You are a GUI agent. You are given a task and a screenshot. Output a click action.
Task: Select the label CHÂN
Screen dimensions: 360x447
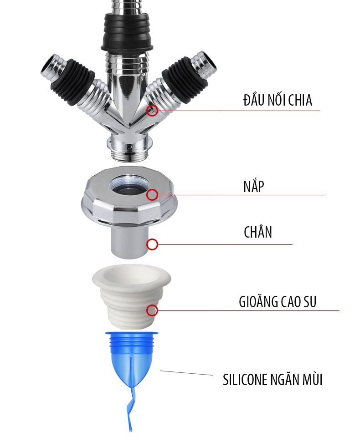click(258, 232)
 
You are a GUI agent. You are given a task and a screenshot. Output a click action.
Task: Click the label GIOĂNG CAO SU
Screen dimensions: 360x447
click(278, 302)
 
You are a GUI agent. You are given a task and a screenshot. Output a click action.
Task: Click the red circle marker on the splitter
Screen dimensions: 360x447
click(152, 110)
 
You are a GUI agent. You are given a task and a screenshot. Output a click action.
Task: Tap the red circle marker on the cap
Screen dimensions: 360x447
click(152, 195)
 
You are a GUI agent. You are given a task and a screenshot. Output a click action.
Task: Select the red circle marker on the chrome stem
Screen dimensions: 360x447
click(152, 244)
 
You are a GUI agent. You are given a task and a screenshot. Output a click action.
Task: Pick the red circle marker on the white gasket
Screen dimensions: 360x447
click(152, 310)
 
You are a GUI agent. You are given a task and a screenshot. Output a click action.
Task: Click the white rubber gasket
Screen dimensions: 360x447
click(131, 296)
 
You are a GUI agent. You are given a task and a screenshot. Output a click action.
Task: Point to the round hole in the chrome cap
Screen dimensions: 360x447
click(130, 185)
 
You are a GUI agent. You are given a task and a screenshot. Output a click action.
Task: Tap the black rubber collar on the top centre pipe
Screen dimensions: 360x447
click(127, 31)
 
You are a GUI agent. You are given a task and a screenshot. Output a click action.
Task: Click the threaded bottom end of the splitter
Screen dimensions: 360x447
click(130, 156)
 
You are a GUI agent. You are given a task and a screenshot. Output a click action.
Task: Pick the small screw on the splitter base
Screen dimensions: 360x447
click(130, 147)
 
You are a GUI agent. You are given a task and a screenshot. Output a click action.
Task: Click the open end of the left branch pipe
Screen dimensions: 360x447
click(49, 64)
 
